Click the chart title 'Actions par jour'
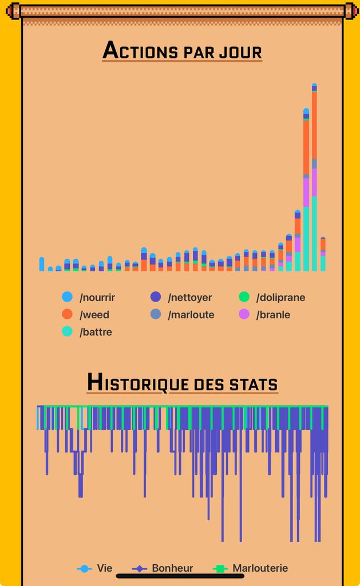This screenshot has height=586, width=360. (182, 51)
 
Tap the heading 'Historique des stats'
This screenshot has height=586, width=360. (182, 383)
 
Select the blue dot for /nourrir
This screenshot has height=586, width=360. (68, 297)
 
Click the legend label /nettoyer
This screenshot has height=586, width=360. (189, 298)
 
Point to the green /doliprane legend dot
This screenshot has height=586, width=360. (244, 297)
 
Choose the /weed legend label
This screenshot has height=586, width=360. (94, 315)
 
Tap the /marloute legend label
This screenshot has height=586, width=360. (191, 315)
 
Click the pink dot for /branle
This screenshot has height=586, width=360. (244, 314)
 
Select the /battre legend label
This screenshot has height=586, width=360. (96, 332)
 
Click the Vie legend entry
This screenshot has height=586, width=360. (104, 568)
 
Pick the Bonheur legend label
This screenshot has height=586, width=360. (172, 568)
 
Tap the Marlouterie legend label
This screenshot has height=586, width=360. (260, 568)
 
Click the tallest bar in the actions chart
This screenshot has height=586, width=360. (314, 177)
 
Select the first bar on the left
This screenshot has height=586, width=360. (42, 264)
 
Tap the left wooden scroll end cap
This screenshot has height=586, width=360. (14, 11)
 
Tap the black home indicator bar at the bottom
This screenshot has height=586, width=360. (180, 576)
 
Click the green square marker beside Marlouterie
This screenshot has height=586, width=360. (219, 569)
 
